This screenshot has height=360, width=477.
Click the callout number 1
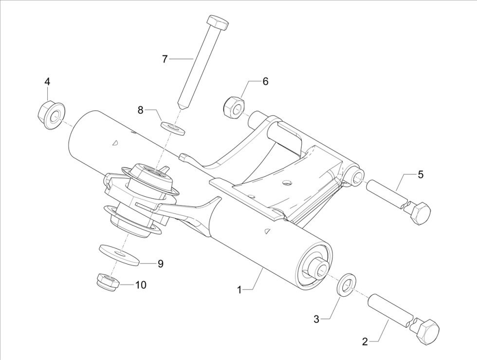[x=239, y=290]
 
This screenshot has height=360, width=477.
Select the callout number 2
[x=365, y=341]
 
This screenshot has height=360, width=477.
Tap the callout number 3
[x=316, y=319]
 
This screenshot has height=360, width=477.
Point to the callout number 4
[x=47, y=81]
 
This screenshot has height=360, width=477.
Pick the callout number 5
[x=420, y=174]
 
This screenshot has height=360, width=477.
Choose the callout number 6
[x=265, y=81]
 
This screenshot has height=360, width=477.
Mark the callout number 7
[x=165, y=59]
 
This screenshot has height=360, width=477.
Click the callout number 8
[x=141, y=110]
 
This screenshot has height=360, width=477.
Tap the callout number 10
[x=141, y=284]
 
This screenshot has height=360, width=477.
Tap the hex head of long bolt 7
[x=217, y=22]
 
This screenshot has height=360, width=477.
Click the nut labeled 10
[x=107, y=282]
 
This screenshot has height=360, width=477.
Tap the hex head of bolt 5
[x=419, y=212]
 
